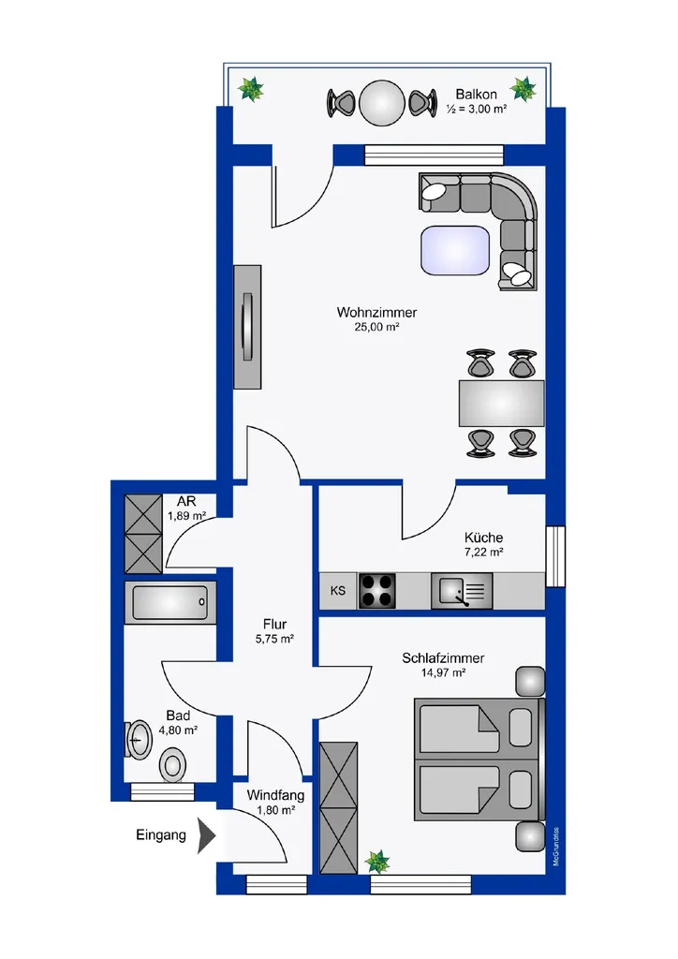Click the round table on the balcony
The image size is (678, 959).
click(382, 103)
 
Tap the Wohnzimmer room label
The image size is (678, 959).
click(376, 312)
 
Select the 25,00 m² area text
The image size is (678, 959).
click(376, 327)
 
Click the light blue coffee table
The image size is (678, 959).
click(455, 251)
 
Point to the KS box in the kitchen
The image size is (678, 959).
click(338, 591)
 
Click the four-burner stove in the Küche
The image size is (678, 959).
click(376, 591)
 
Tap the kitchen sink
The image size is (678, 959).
click(462, 591)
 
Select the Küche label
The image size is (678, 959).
click(483, 538)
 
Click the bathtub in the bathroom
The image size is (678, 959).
click(169, 602)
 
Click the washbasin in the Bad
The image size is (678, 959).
click(140, 740)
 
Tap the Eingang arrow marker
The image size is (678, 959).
click(207, 835)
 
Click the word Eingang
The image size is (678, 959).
click(161, 835)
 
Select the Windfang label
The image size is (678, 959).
click(275, 795)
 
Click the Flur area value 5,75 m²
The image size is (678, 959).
click(274, 639)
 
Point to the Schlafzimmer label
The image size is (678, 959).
click(443, 658)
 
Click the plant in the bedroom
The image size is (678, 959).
click(377, 862)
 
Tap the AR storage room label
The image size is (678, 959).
click(186, 501)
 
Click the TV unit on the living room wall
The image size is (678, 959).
click(247, 327)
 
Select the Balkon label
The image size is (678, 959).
click(477, 95)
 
